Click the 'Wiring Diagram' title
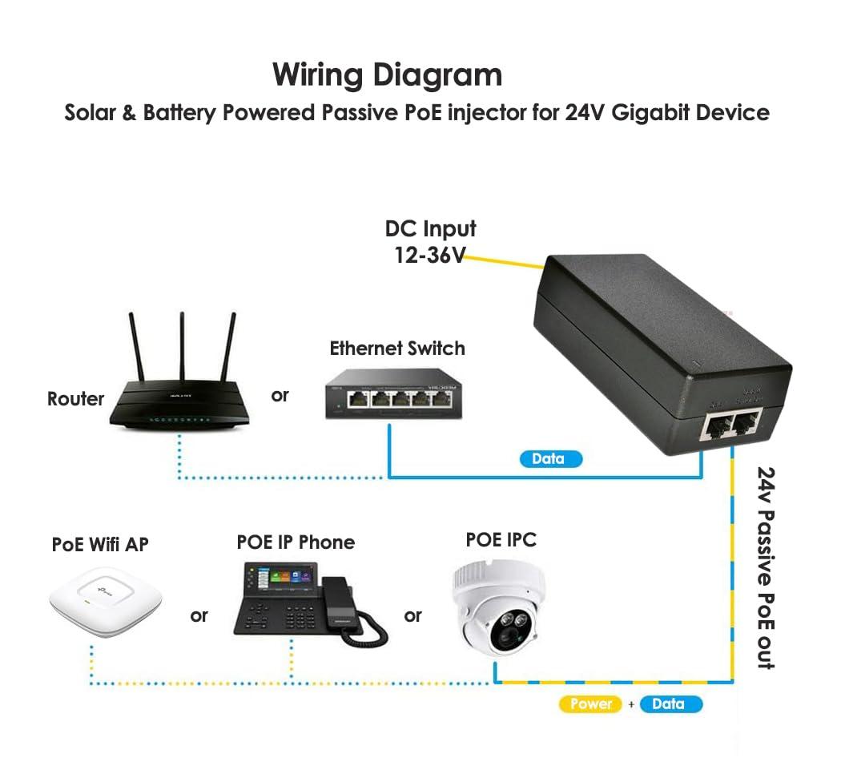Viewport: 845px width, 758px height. tap(387, 75)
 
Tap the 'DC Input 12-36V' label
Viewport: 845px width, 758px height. tap(430, 242)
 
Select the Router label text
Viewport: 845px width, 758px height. tap(75, 398)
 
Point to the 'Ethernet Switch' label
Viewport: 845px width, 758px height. tap(397, 349)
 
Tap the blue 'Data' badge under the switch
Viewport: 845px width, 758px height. tap(548, 459)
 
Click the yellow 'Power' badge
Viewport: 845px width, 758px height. tap(591, 704)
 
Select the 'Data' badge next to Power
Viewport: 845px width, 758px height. tap(669, 704)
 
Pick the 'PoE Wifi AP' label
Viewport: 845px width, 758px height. tap(100, 545)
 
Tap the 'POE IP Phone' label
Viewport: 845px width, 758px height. tap(296, 542)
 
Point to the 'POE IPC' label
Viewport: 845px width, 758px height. tap(501, 540)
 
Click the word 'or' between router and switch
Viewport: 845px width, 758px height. tap(280, 395)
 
